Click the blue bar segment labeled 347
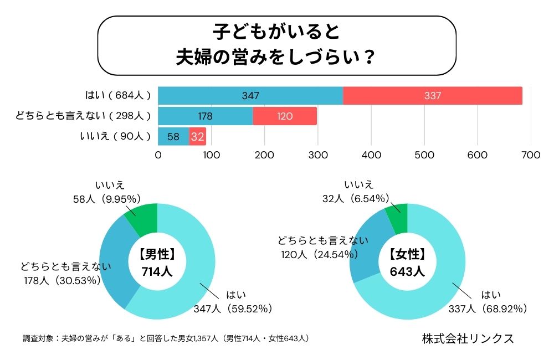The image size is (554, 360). tap(250, 96)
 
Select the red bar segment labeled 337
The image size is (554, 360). tap(433, 96)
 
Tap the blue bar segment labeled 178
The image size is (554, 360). tap(205, 116)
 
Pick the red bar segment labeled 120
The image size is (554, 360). tap(285, 116)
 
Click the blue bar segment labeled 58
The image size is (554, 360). tap(173, 136)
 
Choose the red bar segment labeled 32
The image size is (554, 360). tap(197, 136)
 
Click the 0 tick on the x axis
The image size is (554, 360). tap(158, 156)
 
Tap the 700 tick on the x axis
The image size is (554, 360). tap(531, 156)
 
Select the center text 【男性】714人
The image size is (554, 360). tap(158, 263)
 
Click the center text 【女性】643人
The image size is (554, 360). tap(407, 263)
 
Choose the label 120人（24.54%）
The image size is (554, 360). tap(319, 254)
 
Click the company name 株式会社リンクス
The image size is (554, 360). tap(468, 338)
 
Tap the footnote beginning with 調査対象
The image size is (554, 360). tap(166, 338)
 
